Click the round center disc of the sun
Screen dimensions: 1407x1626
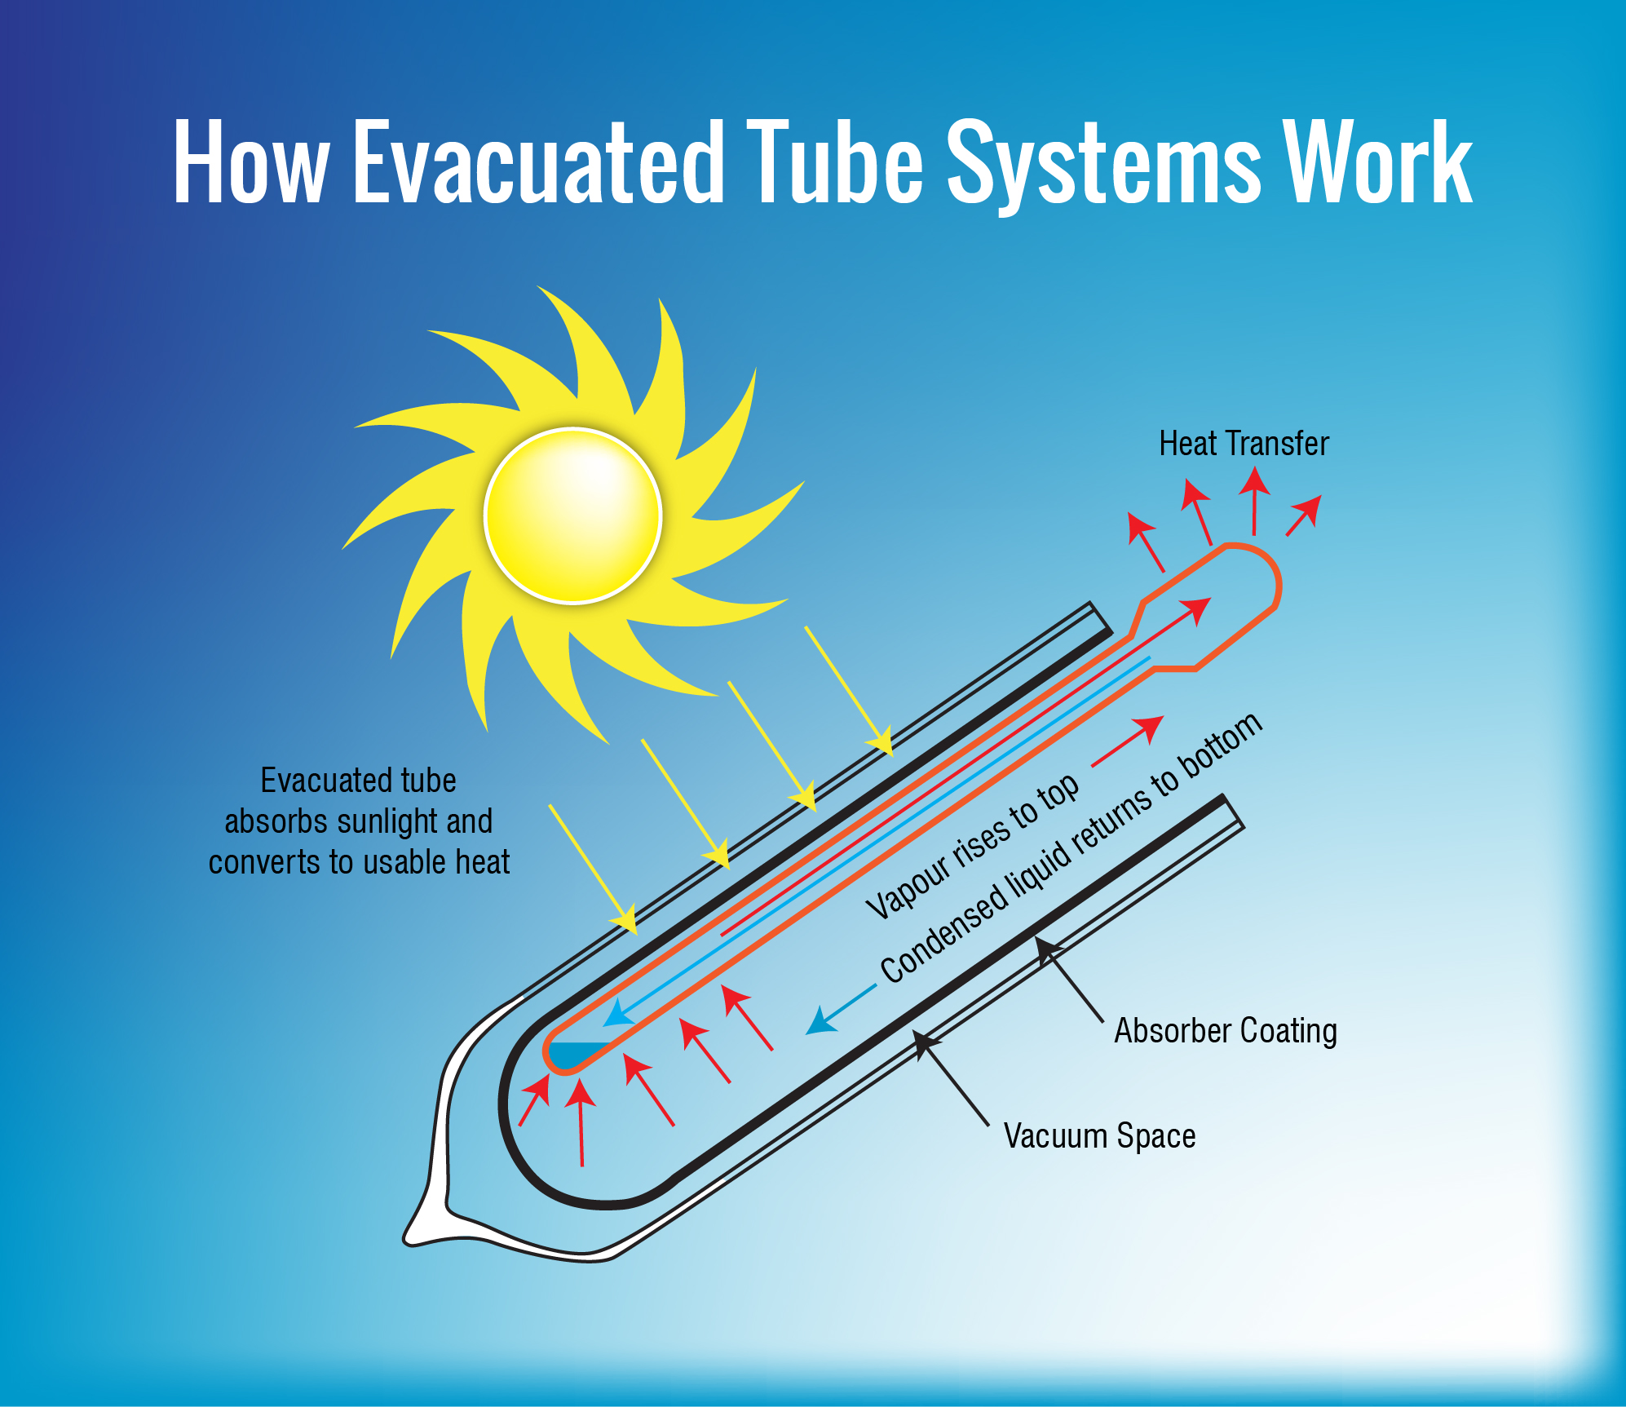click(x=572, y=515)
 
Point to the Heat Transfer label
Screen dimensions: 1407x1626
click(x=1244, y=444)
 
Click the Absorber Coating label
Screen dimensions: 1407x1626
click(x=1226, y=1031)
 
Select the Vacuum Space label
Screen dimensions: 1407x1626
click(x=1099, y=1135)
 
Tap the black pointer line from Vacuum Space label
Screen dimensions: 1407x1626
click(x=954, y=1085)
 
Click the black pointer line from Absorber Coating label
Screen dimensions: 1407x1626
click(x=1072, y=983)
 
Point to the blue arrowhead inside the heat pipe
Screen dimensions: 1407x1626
click(x=618, y=1014)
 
